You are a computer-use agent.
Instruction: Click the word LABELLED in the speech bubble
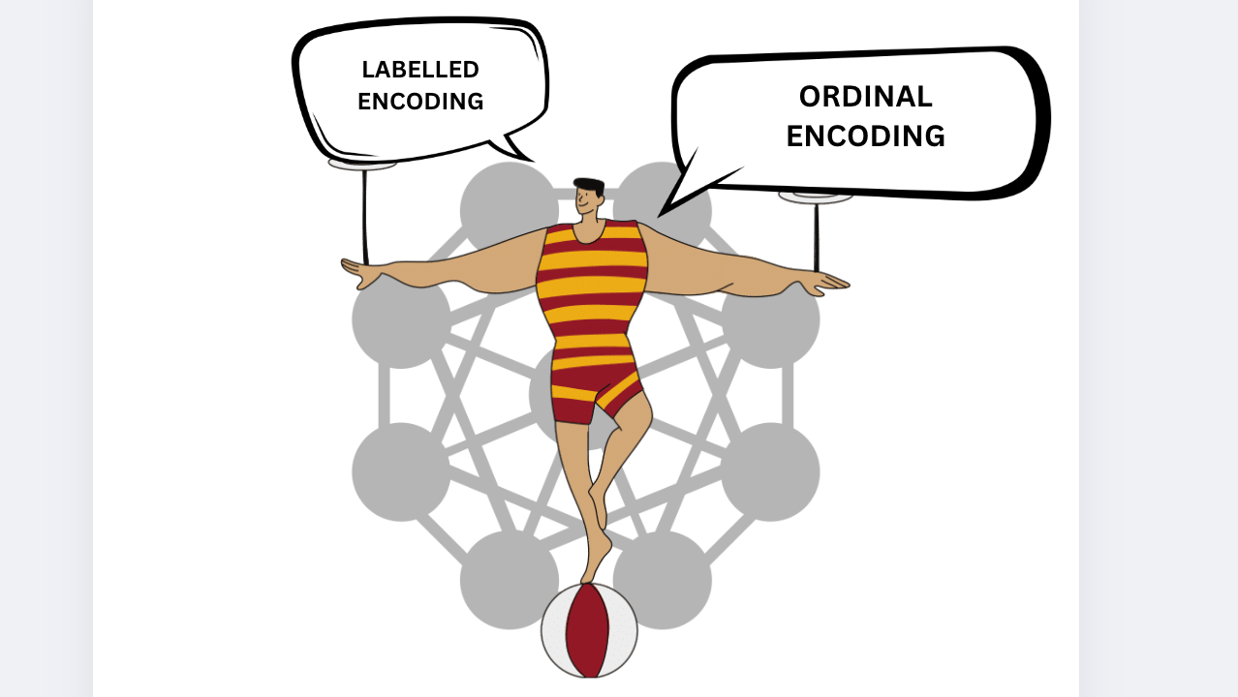(x=420, y=70)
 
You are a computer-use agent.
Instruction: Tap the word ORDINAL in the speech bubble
(x=865, y=97)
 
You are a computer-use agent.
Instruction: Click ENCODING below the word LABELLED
(x=420, y=102)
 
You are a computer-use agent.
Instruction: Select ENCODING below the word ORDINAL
(x=865, y=136)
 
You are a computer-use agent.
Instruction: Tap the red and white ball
(x=589, y=630)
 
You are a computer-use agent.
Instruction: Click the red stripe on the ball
(x=587, y=630)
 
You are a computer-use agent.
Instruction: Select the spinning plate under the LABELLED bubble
(x=362, y=164)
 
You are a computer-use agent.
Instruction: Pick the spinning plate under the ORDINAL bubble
(x=816, y=197)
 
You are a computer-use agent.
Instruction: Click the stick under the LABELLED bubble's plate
(x=365, y=217)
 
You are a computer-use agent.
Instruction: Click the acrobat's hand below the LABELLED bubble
(x=362, y=272)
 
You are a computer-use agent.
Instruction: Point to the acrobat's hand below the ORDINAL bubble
(x=823, y=284)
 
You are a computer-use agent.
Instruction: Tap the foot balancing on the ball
(x=596, y=558)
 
